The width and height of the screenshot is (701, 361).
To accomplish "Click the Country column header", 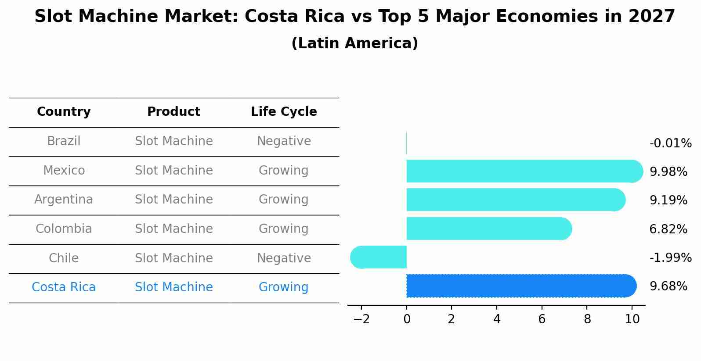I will (x=64, y=112).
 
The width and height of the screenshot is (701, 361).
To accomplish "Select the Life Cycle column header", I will (x=284, y=112).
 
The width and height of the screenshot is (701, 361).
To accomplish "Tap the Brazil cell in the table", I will (x=64, y=141).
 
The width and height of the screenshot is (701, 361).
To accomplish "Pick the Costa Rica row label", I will (x=64, y=287).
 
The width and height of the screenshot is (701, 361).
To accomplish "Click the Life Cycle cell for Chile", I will (x=284, y=258).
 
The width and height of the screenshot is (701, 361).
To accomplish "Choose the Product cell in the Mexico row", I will (x=173, y=170).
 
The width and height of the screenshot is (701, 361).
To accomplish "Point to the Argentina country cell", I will (x=64, y=200).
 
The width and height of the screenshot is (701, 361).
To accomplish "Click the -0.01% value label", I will (x=670, y=143).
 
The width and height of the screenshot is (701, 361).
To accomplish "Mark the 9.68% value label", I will (x=668, y=286).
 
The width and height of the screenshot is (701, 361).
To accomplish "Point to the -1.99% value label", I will (x=670, y=257).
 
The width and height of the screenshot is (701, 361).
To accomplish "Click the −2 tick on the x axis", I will (x=361, y=319).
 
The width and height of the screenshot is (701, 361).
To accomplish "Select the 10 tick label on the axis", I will (x=632, y=319).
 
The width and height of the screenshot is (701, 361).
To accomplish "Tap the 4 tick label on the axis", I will (x=497, y=319).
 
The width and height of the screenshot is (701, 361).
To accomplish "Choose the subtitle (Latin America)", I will (x=354, y=43).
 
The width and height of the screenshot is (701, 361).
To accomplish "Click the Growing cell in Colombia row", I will (x=284, y=229).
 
